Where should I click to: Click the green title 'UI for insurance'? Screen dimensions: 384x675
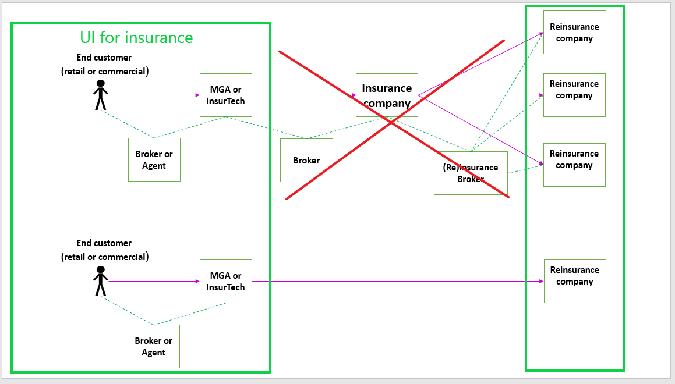[x=136, y=38]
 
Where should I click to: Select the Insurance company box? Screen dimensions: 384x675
[x=387, y=95]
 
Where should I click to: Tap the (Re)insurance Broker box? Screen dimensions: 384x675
[x=471, y=173]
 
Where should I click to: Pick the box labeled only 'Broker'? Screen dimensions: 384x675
[x=306, y=160]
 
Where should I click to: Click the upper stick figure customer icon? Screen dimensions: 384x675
[x=101, y=95]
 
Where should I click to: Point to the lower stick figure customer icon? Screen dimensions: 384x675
[x=101, y=281]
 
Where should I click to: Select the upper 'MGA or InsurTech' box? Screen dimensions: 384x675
[x=226, y=95]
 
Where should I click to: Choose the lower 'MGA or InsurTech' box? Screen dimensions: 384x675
[x=226, y=281]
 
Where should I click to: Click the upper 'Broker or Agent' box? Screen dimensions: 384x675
[x=154, y=159]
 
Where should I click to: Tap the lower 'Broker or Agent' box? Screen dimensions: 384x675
[x=154, y=346]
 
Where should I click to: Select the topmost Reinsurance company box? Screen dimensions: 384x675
[x=574, y=32]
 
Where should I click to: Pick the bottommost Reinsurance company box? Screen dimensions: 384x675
[x=575, y=281]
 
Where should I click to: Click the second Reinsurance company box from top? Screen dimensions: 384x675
[x=574, y=95]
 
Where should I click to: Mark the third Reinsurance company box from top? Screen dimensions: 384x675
[x=574, y=165]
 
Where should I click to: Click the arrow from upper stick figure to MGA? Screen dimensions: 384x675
[x=154, y=95]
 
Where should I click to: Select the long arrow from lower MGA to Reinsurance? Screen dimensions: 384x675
[x=396, y=281]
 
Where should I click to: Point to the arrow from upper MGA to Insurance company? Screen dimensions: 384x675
[x=303, y=95]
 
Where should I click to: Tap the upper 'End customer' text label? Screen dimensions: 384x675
[x=104, y=58]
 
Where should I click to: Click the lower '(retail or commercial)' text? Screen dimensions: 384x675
[x=105, y=257]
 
